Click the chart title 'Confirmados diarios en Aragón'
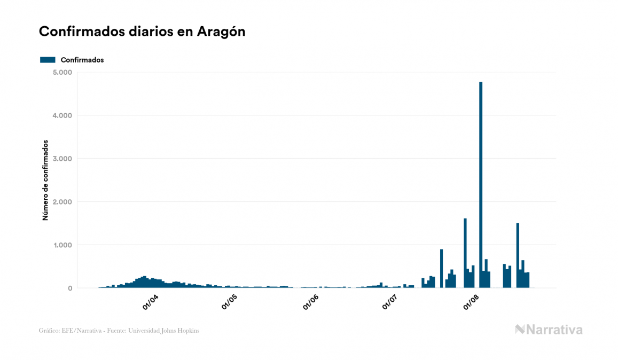pos(142,32)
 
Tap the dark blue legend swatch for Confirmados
pos(48,60)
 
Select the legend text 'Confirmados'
pos(82,60)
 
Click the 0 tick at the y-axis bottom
pos(70,288)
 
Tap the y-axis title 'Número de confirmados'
pos(45,181)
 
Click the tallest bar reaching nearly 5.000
pos(481,187)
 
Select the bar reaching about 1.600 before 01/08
pos(465,254)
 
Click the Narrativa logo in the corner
pos(549,330)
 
